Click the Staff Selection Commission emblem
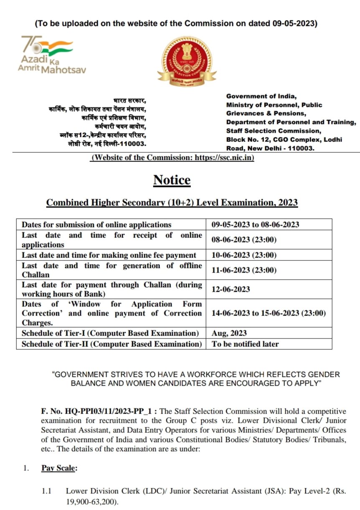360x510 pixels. coord(187,61)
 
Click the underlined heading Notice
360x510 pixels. coord(172,180)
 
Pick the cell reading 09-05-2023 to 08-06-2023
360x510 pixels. coord(255,225)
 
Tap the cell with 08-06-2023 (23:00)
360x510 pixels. coord(244,240)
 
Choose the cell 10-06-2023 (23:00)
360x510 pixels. coord(244,255)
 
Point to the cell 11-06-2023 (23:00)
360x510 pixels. coord(244,270)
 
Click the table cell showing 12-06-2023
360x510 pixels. coord(231,289)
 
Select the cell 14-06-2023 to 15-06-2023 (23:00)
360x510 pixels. coord(269,313)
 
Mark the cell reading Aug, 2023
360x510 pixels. coord(229,333)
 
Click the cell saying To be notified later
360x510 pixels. coord(245,344)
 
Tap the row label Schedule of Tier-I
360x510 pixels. coord(110,333)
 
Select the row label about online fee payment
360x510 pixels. coord(109,255)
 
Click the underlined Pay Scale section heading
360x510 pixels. coord(59,468)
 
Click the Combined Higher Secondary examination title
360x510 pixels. coord(172,202)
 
